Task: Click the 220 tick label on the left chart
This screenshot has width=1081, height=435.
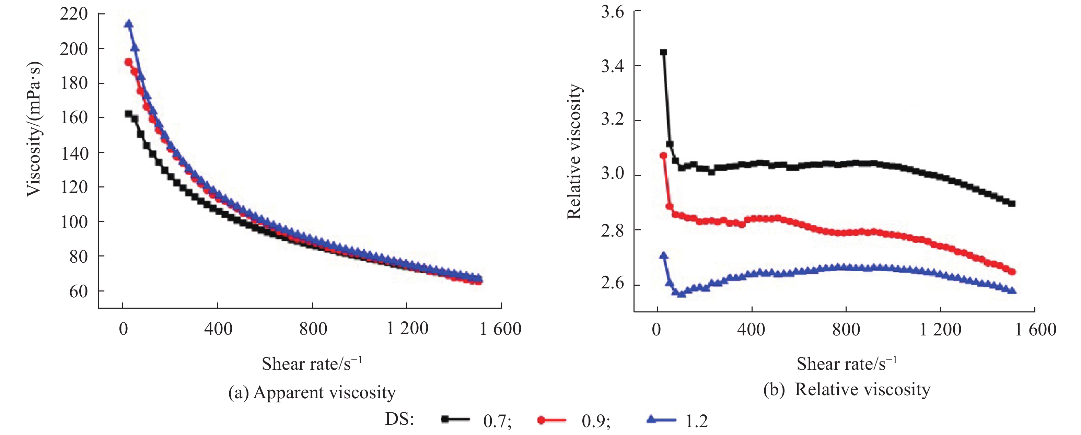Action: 73,14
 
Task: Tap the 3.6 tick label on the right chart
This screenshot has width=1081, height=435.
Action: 612,11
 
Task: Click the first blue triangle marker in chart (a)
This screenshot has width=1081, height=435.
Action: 129,24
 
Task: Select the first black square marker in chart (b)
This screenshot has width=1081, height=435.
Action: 663,52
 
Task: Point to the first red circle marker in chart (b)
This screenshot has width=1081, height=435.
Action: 663,155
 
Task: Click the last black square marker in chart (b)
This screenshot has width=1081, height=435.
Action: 1012,204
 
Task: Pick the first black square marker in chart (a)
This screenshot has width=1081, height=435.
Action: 128,113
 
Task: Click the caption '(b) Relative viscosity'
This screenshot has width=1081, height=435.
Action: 846,389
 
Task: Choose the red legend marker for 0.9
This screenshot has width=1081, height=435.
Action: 542,420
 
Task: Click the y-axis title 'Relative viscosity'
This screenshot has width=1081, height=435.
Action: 574,151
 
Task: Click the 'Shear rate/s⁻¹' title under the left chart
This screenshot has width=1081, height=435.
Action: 311,363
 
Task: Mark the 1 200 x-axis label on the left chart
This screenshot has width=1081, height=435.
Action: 407,328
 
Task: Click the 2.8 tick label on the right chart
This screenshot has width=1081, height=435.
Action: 612,230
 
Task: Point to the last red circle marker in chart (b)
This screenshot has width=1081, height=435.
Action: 1012,272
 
